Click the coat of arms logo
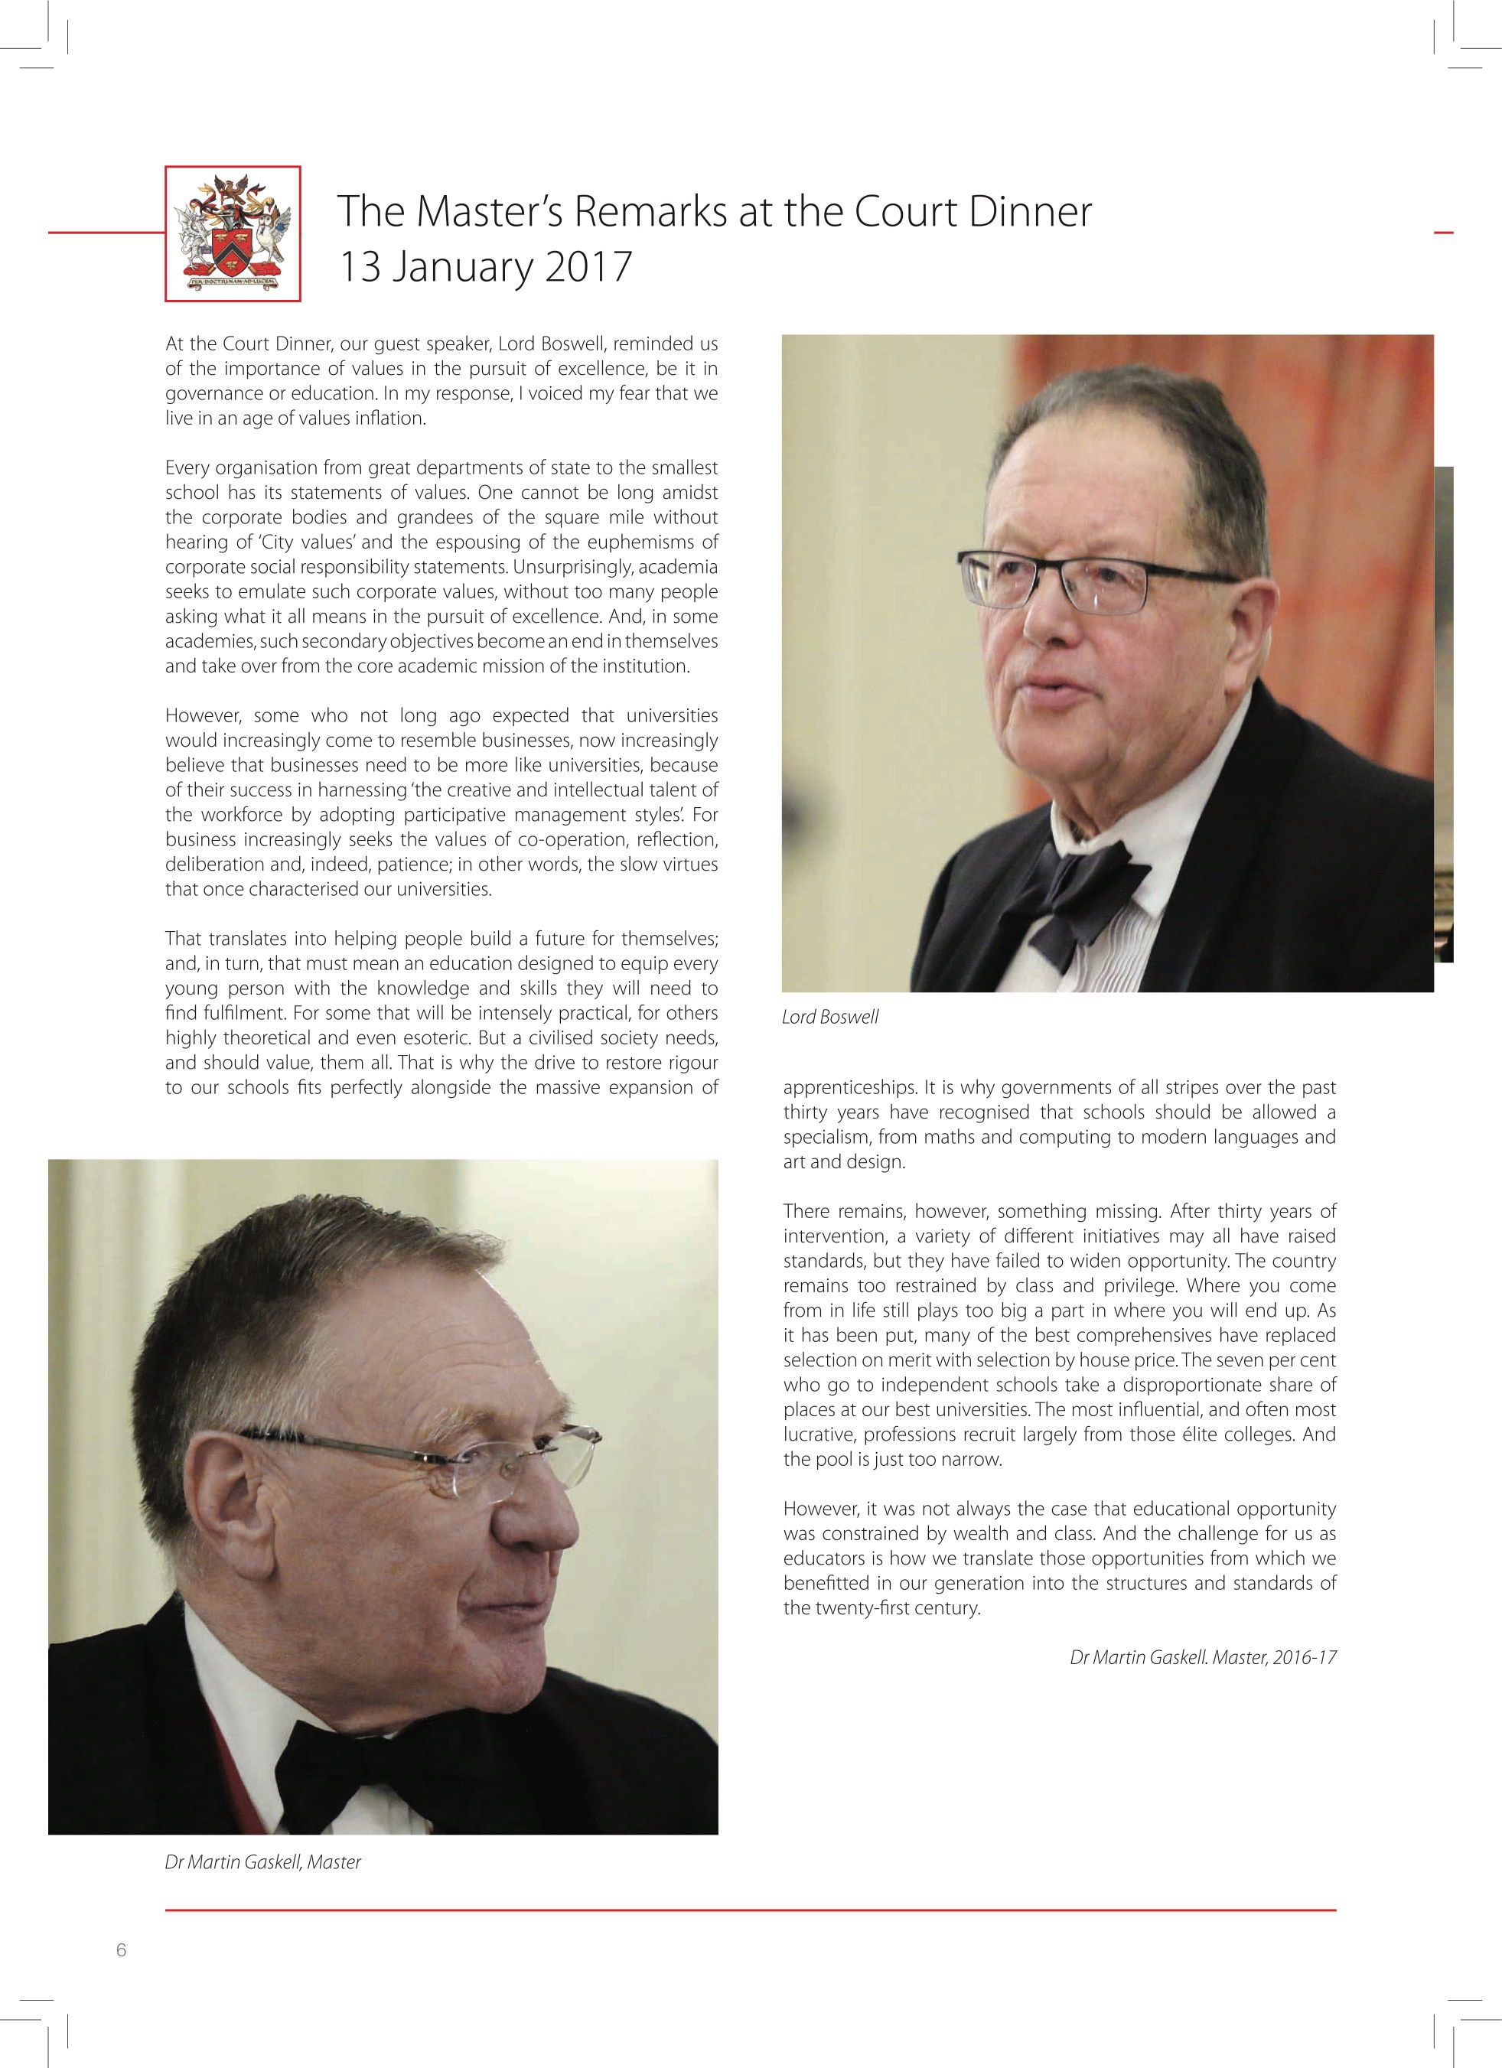tap(233, 233)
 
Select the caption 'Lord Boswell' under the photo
tap(830, 1017)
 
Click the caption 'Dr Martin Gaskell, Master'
tap(262, 1862)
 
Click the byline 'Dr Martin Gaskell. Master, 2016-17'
tap(1202, 1656)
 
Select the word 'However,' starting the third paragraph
tap(200, 716)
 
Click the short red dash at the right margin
tap(1443, 233)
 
